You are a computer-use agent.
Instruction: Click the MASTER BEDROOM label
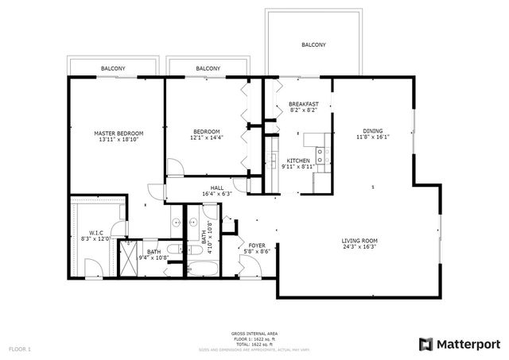pos(119,133)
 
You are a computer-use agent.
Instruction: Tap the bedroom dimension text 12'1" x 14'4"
pos(206,138)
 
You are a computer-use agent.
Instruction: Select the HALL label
pos(217,187)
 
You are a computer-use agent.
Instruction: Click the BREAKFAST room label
pos(304,103)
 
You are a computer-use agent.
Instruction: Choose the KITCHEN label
pos(298,160)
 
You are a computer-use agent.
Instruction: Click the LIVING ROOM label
pos(359,240)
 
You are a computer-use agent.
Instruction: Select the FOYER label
pos(257,245)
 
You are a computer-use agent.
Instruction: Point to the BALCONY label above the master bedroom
pos(112,69)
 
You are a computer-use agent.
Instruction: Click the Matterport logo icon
pos(425,343)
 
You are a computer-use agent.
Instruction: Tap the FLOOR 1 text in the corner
pos(20,349)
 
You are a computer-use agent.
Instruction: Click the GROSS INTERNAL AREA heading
pos(254,333)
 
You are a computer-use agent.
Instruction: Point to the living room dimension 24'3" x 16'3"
pos(359,247)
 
